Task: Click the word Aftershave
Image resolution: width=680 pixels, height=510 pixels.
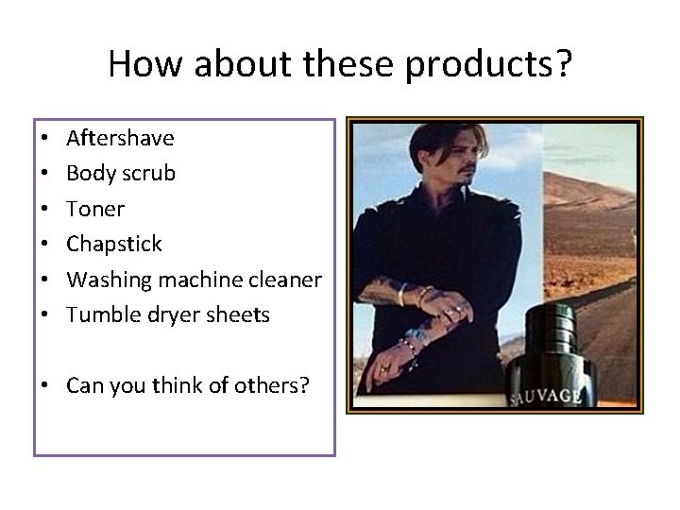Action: (120, 138)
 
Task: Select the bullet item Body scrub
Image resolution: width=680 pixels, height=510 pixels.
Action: (120, 174)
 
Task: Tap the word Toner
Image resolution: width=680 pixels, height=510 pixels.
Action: (95, 209)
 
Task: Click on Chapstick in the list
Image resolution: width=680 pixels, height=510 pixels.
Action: (114, 245)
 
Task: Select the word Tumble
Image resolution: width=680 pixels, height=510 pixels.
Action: (100, 314)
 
